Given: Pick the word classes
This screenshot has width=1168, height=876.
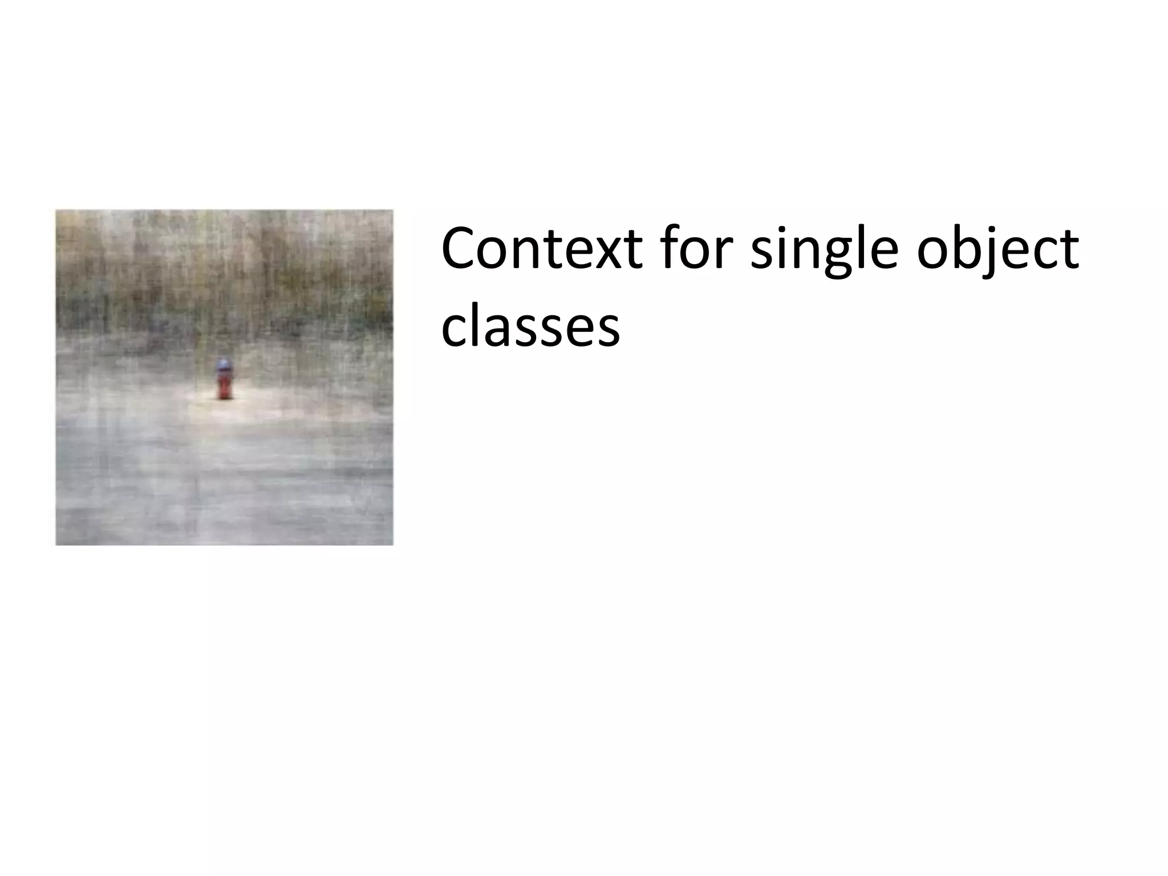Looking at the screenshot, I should [x=530, y=327].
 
